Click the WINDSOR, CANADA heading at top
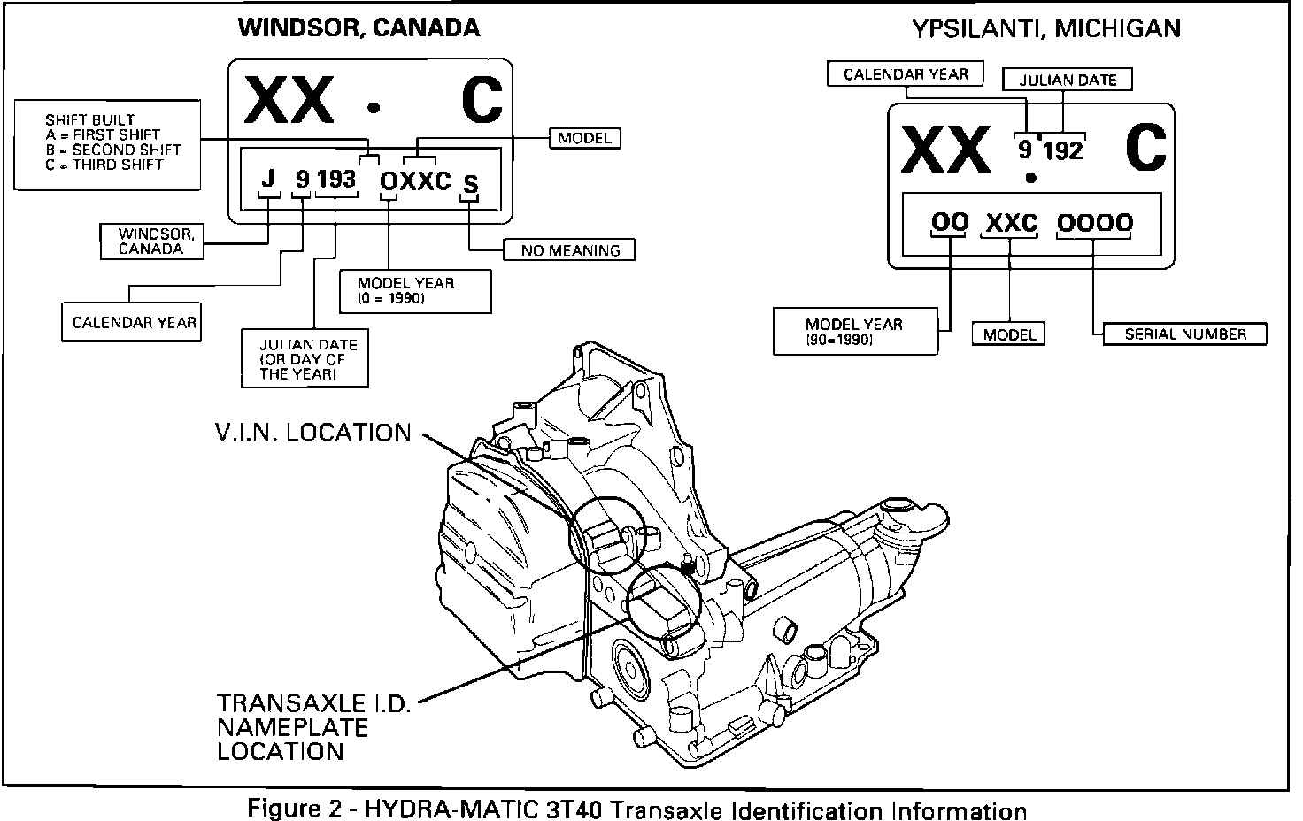tap(359, 27)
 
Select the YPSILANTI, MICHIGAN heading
tap(1046, 28)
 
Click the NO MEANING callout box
tap(570, 250)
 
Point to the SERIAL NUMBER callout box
tap(1184, 334)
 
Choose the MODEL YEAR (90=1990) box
tap(854, 331)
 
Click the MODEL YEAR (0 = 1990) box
tap(415, 291)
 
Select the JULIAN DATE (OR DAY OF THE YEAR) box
tap(305, 358)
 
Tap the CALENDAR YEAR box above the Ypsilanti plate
tap(905, 74)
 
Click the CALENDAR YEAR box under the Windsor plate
tap(133, 323)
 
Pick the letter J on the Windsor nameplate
tap(269, 180)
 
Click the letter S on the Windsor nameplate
tap(471, 184)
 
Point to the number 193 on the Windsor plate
tap(335, 180)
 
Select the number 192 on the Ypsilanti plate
tap(1062, 150)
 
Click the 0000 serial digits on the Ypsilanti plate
tap(1094, 223)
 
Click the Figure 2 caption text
tap(637, 809)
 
